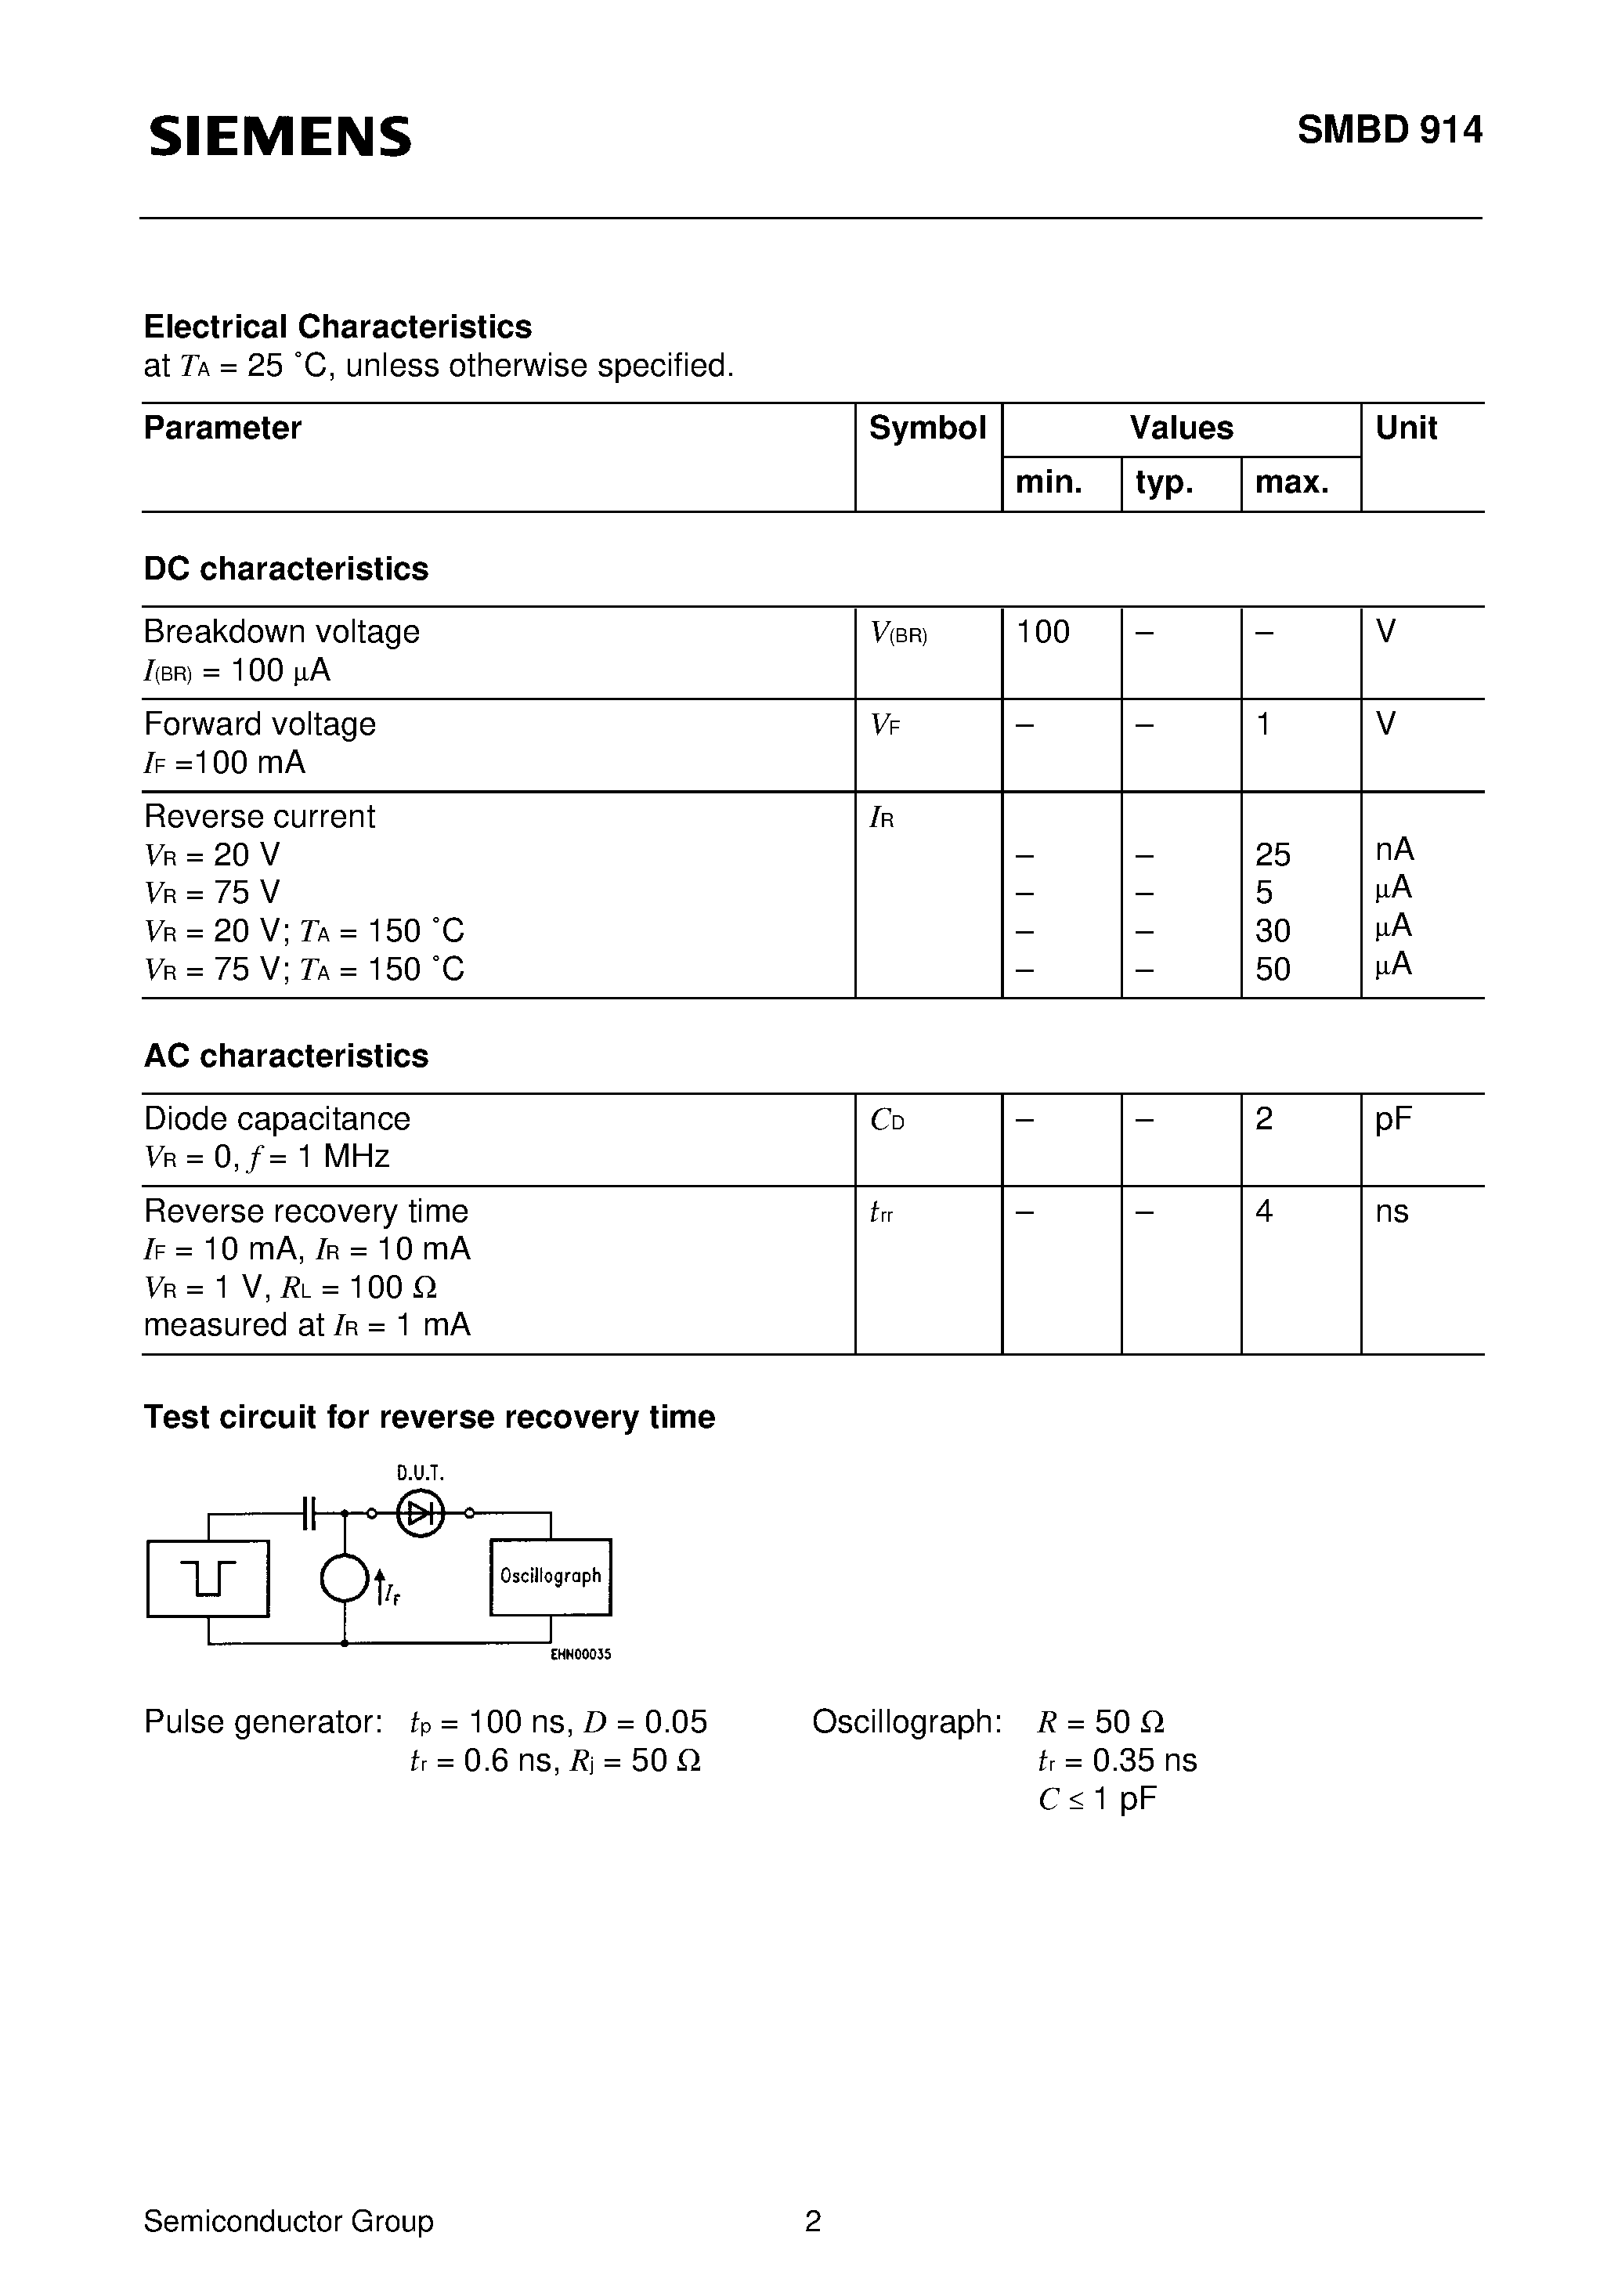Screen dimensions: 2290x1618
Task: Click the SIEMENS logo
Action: (280, 135)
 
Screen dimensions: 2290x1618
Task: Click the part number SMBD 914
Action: (1389, 131)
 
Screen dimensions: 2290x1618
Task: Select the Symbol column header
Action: (926, 428)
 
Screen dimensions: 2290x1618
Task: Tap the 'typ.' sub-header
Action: (1164, 482)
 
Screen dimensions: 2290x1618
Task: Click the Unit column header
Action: (1406, 428)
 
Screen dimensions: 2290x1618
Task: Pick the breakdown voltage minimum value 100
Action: (1042, 631)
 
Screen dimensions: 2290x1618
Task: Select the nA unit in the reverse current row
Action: (1393, 849)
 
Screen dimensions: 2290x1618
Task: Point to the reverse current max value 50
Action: (1273, 969)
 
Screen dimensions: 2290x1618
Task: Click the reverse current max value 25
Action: (1273, 854)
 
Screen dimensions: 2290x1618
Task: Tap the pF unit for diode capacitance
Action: (1393, 1119)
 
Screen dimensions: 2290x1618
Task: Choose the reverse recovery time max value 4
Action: (1264, 1211)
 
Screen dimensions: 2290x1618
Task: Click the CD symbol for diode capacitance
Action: (887, 1120)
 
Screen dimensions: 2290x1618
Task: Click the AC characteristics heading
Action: (287, 1055)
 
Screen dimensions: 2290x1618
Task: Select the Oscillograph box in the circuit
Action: (550, 1576)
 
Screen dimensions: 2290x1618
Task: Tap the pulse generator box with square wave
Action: (208, 1578)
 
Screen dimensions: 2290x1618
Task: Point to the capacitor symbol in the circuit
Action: (309, 1513)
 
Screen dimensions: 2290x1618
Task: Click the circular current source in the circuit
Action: (344, 1579)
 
